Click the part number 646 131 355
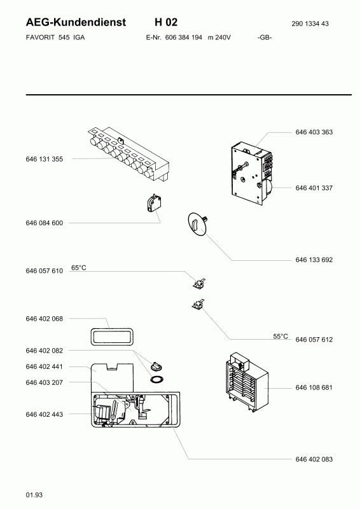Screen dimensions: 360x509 point(44,159)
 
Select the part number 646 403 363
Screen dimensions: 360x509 point(314,132)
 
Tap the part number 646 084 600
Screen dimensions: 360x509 point(44,223)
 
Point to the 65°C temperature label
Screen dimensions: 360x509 point(79,268)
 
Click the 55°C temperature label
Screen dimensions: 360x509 point(280,337)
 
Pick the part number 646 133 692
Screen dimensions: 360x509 point(314,260)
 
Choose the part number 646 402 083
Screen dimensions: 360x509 point(314,459)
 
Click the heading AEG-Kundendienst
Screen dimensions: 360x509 point(76,22)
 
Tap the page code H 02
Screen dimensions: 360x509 point(166,22)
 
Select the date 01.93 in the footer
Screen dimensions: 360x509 point(34,495)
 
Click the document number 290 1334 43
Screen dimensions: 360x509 point(310,24)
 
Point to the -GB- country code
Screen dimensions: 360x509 point(265,38)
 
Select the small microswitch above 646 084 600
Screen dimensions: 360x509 point(154,204)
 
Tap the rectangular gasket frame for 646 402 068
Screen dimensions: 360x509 point(111,337)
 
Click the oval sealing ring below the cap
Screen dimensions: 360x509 point(156,379)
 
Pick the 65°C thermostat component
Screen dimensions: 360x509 point(198,283)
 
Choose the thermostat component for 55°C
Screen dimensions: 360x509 point(198,305)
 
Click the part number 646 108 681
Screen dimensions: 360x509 point(314,387)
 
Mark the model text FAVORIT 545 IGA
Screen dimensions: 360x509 point(55,38)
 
